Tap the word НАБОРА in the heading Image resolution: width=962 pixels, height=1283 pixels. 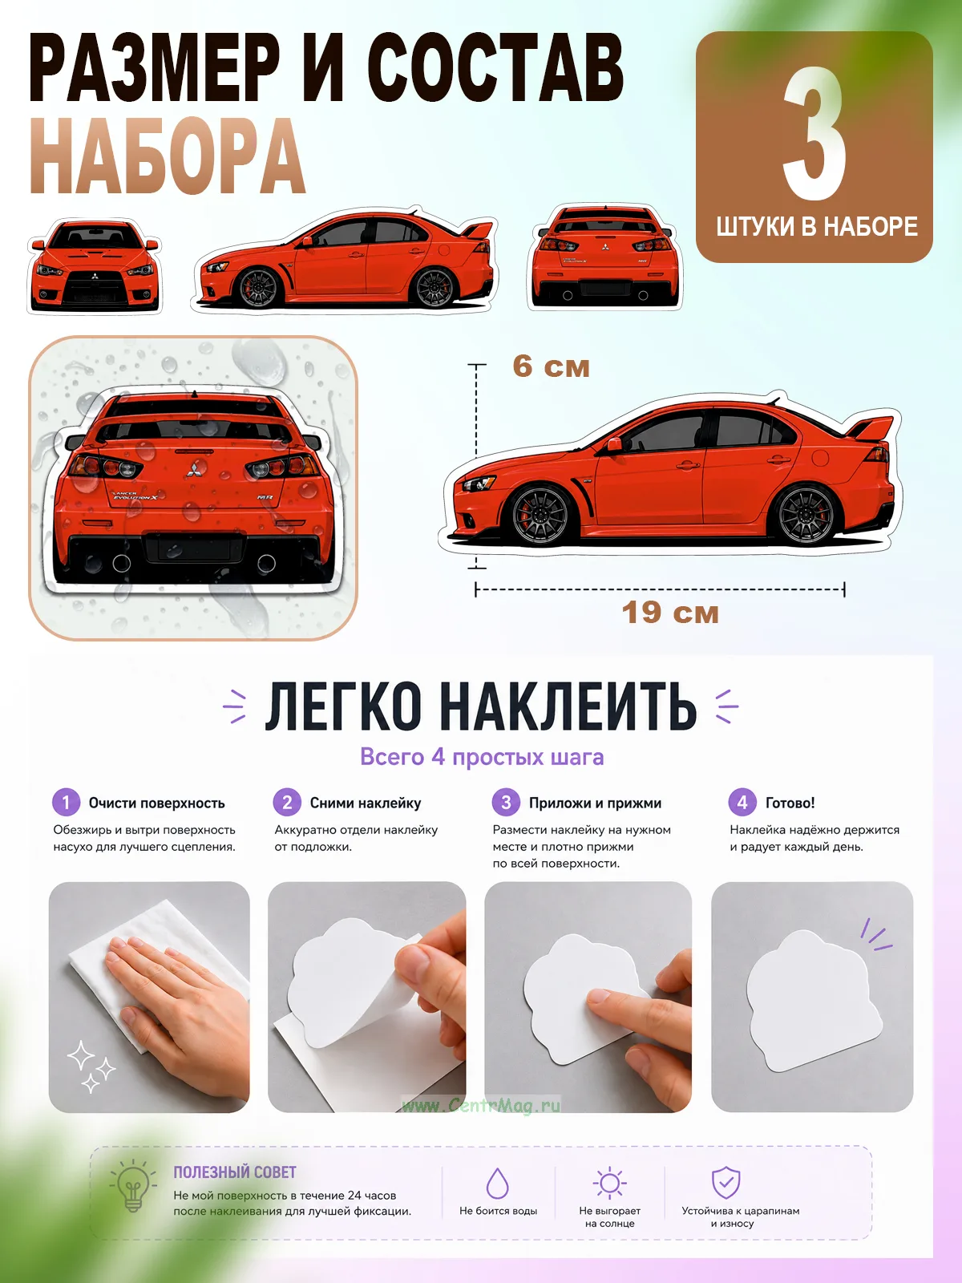167,156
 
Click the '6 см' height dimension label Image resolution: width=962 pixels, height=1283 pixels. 551,367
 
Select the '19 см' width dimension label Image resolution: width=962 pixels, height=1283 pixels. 670,613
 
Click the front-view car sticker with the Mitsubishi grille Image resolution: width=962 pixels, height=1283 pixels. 95,265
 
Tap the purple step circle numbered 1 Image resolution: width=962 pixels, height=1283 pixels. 66,802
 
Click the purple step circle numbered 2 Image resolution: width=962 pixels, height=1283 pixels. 287,802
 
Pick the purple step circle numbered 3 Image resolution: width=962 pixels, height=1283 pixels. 506,802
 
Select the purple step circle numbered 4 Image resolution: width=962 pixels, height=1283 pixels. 742,802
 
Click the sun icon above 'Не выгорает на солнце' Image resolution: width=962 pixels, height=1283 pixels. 610,1183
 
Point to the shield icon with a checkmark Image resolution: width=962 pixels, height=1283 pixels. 726,1183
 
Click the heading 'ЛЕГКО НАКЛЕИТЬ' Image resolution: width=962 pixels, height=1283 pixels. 481,706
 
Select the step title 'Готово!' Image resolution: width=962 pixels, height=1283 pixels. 790,803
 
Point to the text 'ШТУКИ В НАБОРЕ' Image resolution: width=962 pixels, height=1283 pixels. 817,227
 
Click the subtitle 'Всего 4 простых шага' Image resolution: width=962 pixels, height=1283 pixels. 482,757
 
